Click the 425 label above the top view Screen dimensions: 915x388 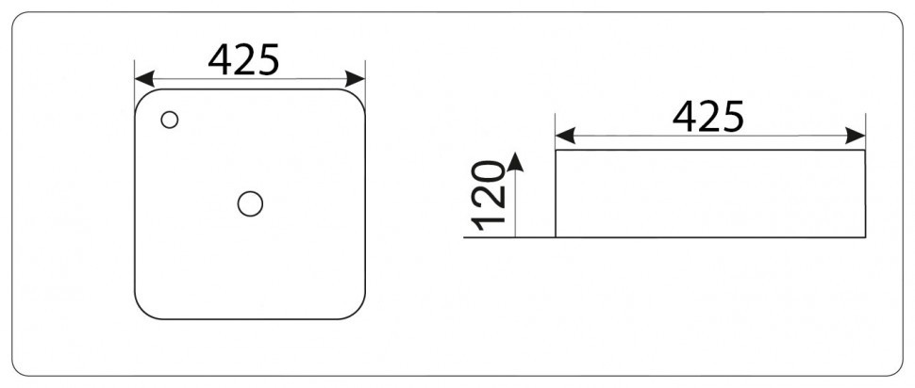click(x=244, y=60)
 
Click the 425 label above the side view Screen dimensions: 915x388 click(x=708, y=117)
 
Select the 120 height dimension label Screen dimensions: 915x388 click(x=488, y=195)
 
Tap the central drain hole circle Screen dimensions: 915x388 click(x=250, y=204)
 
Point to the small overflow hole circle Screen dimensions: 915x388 click(x=169, y=120)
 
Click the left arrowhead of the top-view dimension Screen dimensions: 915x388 click(x=144, y=79)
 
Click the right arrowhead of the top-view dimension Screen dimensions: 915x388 click(x=355, y=79)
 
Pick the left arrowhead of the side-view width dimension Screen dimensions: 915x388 click(x=565, y=136)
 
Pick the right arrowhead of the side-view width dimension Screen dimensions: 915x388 click(x=855, y=136)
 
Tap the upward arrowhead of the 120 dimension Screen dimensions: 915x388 click(x=515, y=162)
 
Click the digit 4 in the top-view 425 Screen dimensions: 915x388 click(x=220, y=60)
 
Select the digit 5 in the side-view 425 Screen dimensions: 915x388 click(x=734, y=117)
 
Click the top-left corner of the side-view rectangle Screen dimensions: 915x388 click(x=556, y=151)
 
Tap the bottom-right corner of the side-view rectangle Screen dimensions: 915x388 click(x=865, y=237)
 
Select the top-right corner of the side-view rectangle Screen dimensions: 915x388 click(x=865, y=151)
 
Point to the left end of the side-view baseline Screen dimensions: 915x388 click(x=464, y=237)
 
